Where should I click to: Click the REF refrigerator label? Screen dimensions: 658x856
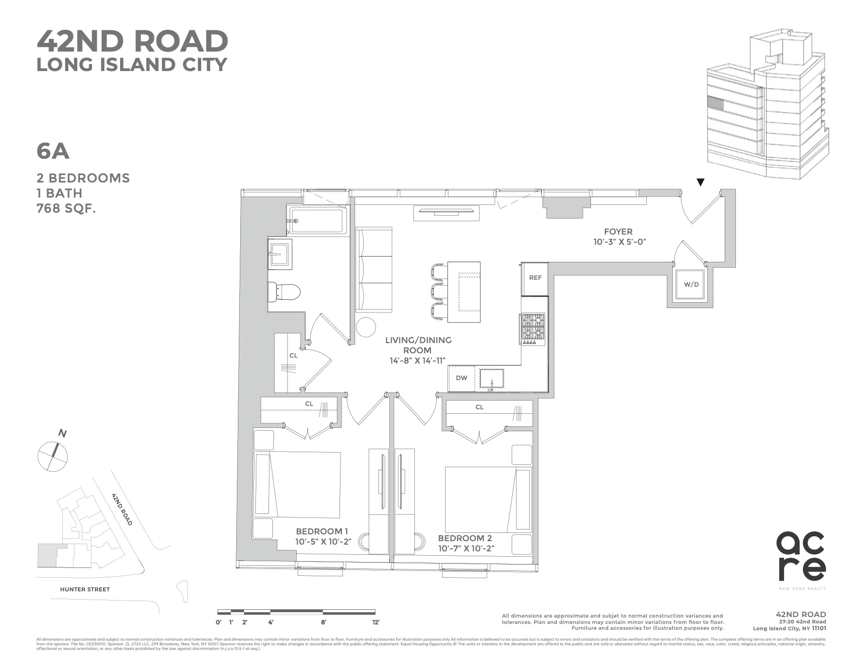point(535,278)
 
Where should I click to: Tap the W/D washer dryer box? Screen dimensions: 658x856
point(691,285)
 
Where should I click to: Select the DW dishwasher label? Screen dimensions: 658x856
point(461,378)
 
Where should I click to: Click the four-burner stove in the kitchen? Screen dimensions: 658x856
point(533,329)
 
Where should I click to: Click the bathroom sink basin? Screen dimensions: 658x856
point(280,254)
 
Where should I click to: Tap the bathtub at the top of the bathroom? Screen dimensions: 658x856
point(319,220)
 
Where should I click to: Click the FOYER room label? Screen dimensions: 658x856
point(618,232)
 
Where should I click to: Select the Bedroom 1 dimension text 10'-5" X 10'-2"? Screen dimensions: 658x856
point(323,542)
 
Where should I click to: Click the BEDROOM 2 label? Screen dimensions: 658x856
point(464,538)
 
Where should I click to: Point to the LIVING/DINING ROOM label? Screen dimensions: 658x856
point(418,345)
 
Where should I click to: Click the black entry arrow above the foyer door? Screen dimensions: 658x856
point(700,183)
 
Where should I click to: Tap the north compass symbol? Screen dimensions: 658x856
point(53,456)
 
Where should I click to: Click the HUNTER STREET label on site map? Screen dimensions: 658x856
point(85,589)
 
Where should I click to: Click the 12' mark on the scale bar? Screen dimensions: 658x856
point(375,622)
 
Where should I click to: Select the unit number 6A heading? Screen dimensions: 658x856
point(53,151)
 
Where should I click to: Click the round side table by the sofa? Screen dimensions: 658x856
point(366,327)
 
